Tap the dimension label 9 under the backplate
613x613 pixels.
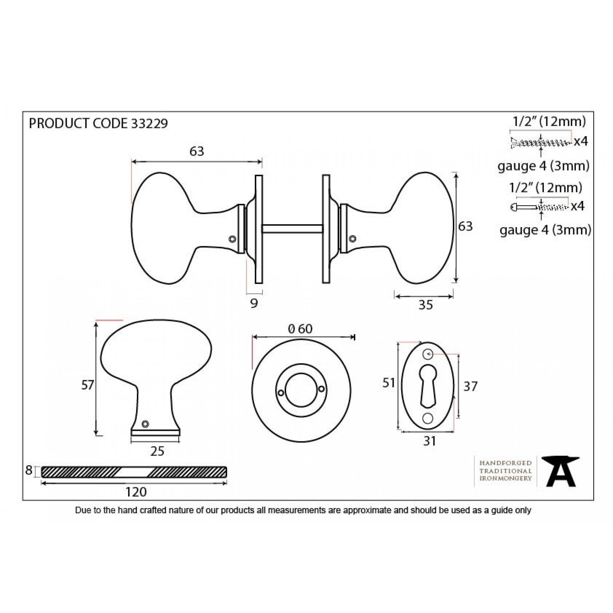point(254,303)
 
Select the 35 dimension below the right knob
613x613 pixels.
point(426,305)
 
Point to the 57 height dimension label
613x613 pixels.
point(88,385)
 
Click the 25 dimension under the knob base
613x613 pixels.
point(157,451)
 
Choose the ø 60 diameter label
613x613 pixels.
point(300,329)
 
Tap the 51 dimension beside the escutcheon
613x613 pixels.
point(389,383)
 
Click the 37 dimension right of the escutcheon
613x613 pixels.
point(470,386)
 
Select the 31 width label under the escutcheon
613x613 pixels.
point(429,441)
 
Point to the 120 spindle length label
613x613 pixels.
point(136,492)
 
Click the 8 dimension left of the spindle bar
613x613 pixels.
point(29,470)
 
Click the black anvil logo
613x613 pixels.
point(561,471)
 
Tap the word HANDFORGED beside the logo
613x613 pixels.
point(506,463)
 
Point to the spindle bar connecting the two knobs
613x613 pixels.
point(292,229)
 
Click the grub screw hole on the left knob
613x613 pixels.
point(233,239)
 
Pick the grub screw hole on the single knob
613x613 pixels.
point(145,424)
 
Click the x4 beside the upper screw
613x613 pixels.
point(581,141)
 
